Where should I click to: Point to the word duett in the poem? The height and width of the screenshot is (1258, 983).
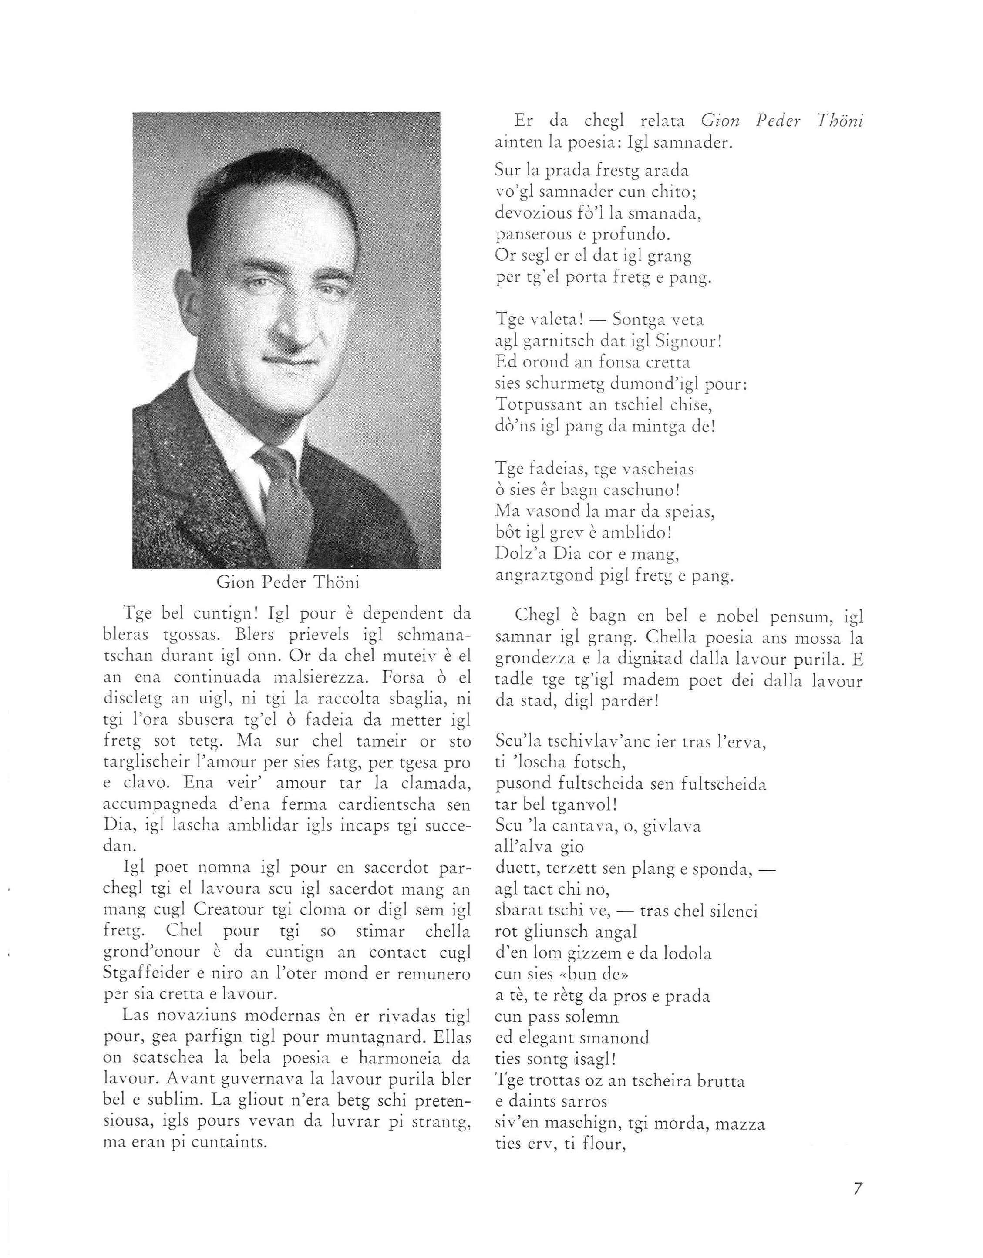[516, 868]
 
